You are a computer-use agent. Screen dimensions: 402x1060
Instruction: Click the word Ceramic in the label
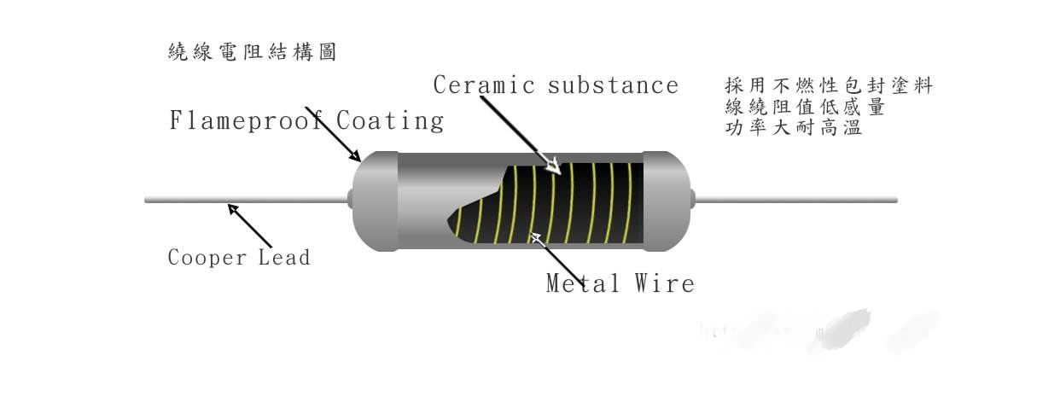[x=484, y=85]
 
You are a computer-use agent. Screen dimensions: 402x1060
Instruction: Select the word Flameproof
[x=243, y=120]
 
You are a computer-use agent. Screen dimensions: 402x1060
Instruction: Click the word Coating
[x=390, y=120]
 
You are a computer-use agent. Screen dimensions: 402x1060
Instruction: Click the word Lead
[x=284, y=257]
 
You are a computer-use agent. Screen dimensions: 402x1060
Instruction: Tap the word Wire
[x=665, y=283]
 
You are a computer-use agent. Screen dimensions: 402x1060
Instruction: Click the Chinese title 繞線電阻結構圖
[x=253, y=53]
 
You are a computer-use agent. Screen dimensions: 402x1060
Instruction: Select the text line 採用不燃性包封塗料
[x=828, y=86]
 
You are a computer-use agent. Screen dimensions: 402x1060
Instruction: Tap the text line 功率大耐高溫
[x=793, y=129]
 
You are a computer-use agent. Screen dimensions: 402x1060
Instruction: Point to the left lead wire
[x=248, y=201]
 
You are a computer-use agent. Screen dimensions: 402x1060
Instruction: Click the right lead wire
[x=794, y=201]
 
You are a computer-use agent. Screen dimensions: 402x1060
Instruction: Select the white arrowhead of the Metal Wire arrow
[x=535, y=236]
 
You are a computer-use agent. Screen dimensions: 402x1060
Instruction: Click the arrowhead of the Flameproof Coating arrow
[x=356, y=156]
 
